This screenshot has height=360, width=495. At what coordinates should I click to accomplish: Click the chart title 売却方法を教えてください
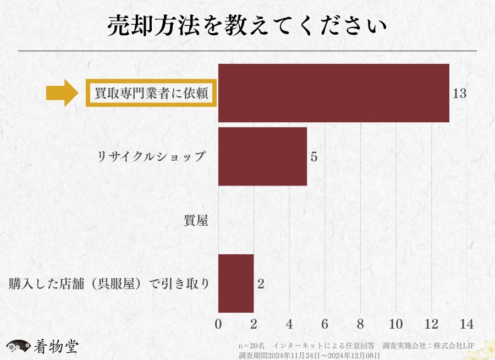pos(247,26)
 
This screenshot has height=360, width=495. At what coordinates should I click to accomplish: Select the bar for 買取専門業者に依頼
pos(333,93)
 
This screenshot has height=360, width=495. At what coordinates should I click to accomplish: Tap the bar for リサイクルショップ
pos(262,156)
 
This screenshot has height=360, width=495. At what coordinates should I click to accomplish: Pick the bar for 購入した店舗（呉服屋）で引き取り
pos(236,283)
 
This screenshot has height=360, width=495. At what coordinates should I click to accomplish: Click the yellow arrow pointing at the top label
pos(63,93)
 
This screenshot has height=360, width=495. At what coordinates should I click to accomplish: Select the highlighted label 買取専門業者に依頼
pos(151,94)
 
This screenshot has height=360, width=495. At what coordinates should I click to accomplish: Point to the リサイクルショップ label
pos(151,156)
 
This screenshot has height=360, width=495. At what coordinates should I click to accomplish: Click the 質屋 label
pos(196,220)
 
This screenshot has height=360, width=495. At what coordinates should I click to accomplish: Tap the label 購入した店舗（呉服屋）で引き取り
pos(110,284)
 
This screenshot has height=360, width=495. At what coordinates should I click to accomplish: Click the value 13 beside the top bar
pos(459,94)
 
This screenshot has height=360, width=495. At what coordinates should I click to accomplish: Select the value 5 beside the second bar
pos(314,157)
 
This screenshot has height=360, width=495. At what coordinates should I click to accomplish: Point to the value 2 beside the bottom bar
pos(261,284)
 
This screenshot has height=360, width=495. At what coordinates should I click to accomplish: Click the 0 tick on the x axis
pos(218,323)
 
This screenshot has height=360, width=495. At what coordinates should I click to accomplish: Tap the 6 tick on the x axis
pos(325,323)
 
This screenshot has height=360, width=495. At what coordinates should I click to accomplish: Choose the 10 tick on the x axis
pos(396,323)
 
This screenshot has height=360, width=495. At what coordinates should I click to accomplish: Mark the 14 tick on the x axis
pos(467,323)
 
